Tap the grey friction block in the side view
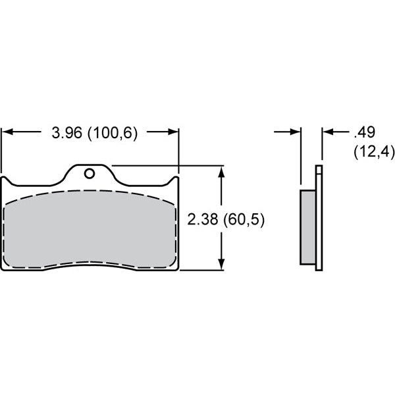click(x=307, y=226)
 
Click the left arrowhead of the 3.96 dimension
click(x=8, y=132)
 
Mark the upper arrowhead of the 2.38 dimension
click(x=223, y=171)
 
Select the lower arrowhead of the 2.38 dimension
click(x=223, y=265)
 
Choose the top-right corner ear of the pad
click(x=176, y=180)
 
